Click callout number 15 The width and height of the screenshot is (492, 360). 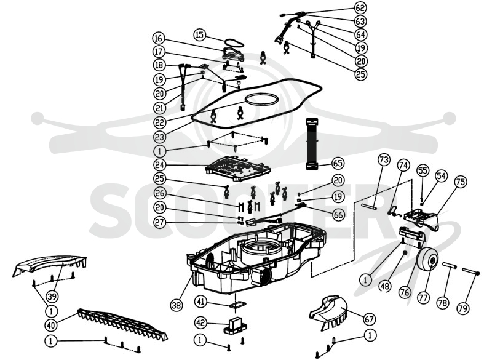[x=199, y=34]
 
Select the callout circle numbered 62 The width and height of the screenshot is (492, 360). [x=361, y=8]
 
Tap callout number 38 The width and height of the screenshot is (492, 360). [x=177, y=305]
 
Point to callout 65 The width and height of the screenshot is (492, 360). [x=338, y=163]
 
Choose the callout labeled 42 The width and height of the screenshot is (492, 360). [x=202, y=322]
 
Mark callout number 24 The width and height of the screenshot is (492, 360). [x=160, y=164]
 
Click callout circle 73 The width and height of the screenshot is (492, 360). [x=384, y=160]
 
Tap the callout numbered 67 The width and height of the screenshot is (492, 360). [x=370, y=319]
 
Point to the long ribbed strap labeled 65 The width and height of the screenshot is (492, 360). [x=312, y=144]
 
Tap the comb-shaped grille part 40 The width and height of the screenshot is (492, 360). [x=122, y=325]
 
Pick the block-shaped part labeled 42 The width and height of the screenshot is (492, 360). [x=235, y=326]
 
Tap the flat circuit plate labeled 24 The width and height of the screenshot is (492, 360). [x=237, y=169]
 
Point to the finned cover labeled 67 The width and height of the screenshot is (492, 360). [x=329, y=313]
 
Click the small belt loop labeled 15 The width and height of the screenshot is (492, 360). [x=234, y=42]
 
